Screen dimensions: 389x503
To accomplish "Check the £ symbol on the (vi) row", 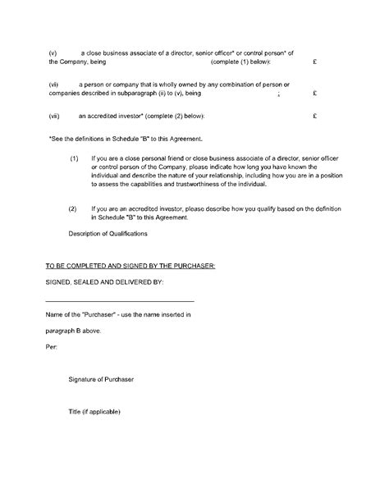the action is [315, 94].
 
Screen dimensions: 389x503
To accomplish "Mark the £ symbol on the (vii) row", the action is [315, 116].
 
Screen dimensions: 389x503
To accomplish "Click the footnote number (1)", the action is [74, 157].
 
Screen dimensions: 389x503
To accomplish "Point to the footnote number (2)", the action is [74, 208].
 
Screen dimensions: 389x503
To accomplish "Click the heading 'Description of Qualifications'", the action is [108, 235].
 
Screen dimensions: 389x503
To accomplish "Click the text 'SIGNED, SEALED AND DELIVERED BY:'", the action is [105, 282].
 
